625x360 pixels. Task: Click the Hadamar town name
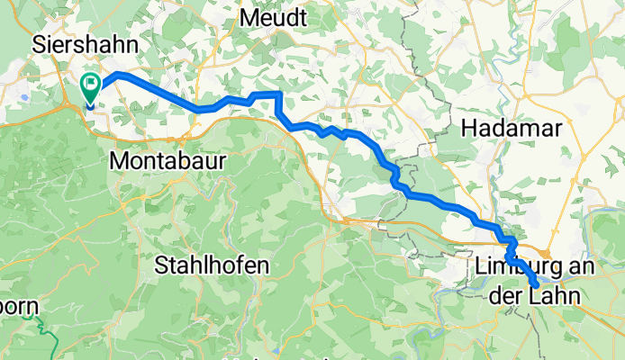click(x=511, y=129)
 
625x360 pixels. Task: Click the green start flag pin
click(x=91, y=85)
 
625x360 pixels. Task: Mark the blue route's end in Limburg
click(x=536, y=284)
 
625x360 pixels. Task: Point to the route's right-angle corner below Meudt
click(x=280, y=94)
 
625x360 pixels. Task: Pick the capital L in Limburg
click(x=481, y=266)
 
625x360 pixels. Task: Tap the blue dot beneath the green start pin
click(x=91, y=103)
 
